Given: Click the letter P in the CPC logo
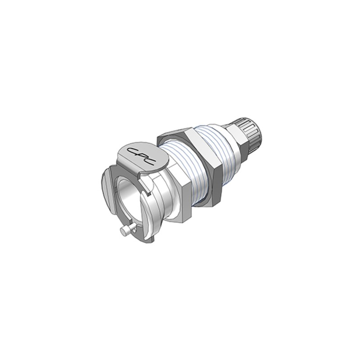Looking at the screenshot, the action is [x=141, y=155].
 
